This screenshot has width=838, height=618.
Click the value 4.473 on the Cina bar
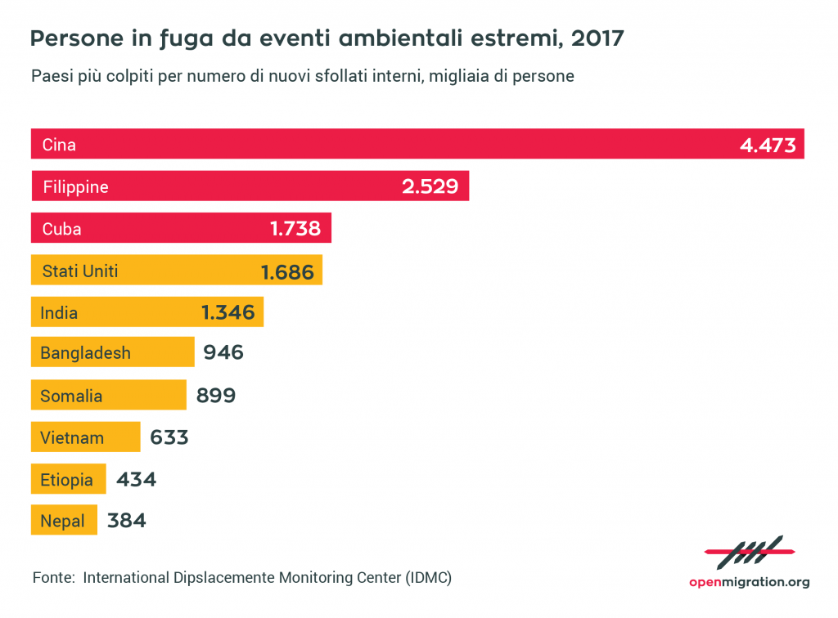coord(767,146)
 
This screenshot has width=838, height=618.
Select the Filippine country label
coord(75,187)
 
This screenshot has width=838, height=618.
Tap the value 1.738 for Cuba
coord(295,229)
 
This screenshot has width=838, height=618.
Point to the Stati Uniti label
coord(80,271)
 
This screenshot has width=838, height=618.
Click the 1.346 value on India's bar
coord(228,312)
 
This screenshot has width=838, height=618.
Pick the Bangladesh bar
coord(112,353)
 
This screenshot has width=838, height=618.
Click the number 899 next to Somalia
coord(216,396)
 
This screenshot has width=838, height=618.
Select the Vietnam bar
coord(85,437)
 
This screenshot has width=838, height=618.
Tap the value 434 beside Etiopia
coord(136,480)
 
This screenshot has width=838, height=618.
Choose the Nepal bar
coord(64,521)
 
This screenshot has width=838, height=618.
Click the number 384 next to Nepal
coord(126,521)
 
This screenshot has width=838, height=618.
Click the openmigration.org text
coord(748,582)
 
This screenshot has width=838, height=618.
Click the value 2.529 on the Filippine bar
coord(435,187)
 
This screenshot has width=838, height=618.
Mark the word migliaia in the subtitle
coord(446,76)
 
